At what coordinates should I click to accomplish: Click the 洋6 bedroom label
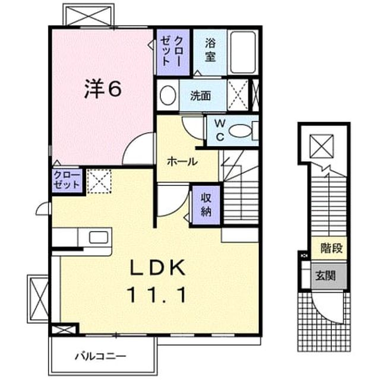103,89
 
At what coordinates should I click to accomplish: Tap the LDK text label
158,268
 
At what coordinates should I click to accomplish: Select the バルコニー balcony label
100,356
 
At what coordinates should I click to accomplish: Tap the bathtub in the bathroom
243,52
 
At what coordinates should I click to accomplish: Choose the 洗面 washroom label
200,96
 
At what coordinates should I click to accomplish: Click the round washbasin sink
167,96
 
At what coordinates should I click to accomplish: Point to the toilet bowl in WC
240,131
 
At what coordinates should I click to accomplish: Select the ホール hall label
182,161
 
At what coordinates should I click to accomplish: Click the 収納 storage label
206,205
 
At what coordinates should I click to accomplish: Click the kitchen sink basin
99,237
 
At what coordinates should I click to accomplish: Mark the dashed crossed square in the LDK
99,181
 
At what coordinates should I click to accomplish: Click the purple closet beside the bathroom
173,52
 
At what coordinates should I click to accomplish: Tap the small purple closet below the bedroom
67,180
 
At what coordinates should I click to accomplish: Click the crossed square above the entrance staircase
322,146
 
